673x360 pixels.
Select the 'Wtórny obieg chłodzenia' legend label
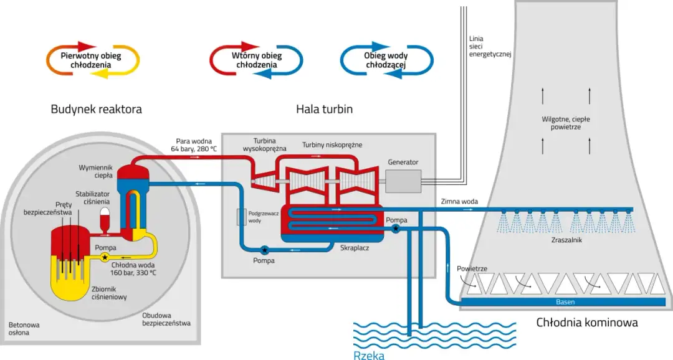click(257, 60)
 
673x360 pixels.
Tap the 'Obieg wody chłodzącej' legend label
click(386, 60)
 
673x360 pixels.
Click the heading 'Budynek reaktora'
click(96, 110)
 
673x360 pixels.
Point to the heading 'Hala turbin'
click(324, 110)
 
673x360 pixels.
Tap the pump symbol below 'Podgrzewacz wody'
click(264, 250)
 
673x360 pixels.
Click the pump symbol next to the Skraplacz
click(396, 229)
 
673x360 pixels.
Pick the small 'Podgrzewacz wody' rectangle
click(241, 217)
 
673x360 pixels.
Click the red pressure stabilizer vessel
click(105, 220)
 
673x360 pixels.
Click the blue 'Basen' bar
click(565, 302)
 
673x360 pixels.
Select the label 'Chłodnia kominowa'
click(587, 323)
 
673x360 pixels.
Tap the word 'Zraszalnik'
click(566, 240)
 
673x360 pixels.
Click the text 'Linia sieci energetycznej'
click(490, 47)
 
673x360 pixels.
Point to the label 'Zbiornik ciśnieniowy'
click(110, 293)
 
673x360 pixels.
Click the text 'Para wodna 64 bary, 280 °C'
click(194, 144)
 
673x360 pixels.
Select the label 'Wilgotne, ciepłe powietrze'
click(566, 123)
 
